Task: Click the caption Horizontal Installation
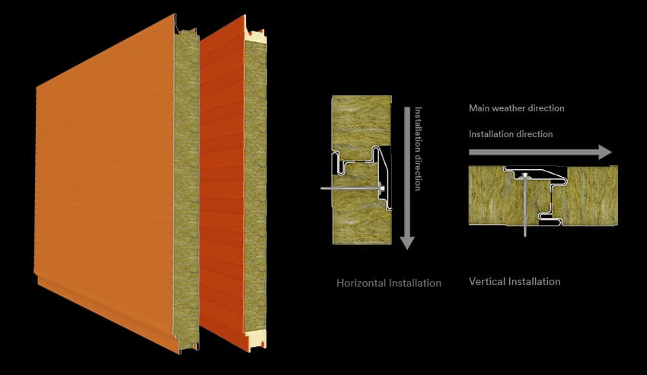coord(389,283)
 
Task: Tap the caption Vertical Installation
coord(515,282)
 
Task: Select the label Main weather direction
coord(517,108)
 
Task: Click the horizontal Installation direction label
coord(511,134)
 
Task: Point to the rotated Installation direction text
coord(418,149)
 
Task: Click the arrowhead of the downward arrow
coord(407,243)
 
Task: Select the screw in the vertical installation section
coord(525,205)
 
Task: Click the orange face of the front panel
coord(105,181)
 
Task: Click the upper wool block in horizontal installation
coord(362,122)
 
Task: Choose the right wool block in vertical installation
coord(592,195)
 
